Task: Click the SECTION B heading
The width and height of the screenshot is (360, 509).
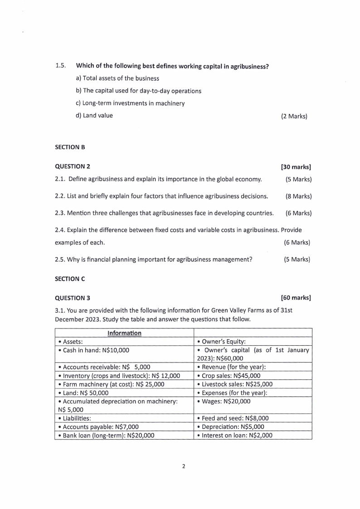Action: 70,147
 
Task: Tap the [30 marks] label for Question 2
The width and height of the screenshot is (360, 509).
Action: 296,167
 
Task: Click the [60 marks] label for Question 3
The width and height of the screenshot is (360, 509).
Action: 296,298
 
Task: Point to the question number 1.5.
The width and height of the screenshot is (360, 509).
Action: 60,66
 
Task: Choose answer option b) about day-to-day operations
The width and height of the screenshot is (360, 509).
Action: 138,91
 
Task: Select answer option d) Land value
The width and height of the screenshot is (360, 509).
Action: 94,115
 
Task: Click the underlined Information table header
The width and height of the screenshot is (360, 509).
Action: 124,333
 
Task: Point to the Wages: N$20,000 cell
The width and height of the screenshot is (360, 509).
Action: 224,401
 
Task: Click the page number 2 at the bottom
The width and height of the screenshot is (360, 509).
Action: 184,466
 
